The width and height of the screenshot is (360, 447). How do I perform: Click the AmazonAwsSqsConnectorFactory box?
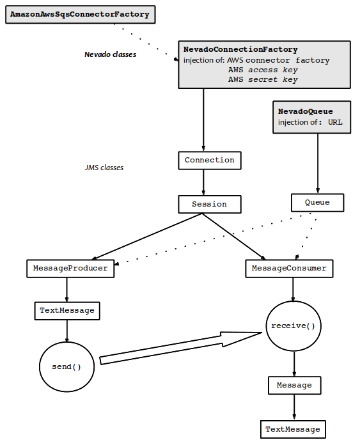point(81,14)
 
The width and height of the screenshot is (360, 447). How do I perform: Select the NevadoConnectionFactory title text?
point(240,50)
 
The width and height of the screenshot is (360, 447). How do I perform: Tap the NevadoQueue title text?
point(305,111)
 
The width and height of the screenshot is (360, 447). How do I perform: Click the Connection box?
point(210,161)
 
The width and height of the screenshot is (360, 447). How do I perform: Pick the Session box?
point(210,204)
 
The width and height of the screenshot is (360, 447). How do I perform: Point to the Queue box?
point(317,203)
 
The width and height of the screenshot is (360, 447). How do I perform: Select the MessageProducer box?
point(70,269)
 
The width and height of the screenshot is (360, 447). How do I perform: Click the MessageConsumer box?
point(289,269)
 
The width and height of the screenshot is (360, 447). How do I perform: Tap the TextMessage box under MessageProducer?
point(67,311)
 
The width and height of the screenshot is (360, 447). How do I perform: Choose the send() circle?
point(67,367)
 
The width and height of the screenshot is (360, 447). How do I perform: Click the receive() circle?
point(293,326)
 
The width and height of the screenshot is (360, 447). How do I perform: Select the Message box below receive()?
point(294,386)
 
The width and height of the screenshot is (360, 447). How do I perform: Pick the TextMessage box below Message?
point(293,429)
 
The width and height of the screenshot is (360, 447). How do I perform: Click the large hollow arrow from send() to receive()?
point(181,348)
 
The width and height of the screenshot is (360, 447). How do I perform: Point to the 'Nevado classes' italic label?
point(111,54)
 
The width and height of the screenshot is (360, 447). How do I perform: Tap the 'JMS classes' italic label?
point(104,168)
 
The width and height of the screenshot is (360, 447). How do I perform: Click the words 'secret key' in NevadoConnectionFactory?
point(273,79)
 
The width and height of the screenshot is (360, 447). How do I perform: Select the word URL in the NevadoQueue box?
point(335,122)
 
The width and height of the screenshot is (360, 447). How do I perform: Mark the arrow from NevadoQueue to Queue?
point(318,163)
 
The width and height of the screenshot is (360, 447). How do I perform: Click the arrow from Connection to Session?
point(203,182)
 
